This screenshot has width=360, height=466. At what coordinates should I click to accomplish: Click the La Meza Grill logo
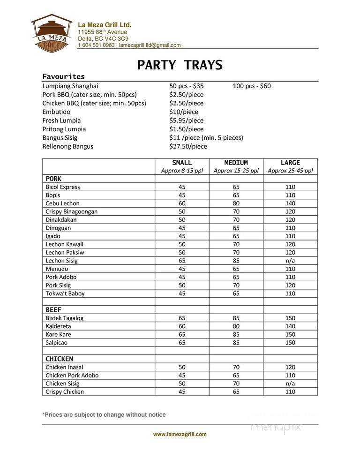52,31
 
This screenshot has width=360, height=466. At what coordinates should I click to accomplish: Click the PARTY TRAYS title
180,65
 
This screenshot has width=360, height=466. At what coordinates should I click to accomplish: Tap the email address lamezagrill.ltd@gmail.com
150,45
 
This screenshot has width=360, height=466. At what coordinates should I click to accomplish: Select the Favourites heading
63,76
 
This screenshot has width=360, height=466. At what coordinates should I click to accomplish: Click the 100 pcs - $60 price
252,86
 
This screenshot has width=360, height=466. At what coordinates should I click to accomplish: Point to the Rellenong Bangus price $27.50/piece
188,146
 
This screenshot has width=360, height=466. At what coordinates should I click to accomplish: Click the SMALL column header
182,163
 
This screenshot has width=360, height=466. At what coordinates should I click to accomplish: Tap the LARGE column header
290,163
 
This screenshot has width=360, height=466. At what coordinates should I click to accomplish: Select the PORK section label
53,179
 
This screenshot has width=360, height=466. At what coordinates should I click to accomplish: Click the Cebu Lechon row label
63,203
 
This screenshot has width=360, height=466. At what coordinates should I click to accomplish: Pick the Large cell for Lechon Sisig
290,261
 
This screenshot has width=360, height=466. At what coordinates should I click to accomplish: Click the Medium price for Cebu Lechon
236,203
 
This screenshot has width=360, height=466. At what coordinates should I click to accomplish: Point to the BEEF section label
53,310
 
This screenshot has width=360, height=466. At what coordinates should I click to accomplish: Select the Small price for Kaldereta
182,326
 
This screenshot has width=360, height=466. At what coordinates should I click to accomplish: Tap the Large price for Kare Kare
290,335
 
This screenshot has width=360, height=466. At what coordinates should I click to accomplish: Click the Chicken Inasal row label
64,367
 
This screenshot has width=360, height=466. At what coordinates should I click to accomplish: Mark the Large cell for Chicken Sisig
290,383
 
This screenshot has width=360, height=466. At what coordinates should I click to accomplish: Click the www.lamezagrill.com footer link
180,435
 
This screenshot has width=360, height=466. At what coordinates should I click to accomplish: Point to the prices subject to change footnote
104,415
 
